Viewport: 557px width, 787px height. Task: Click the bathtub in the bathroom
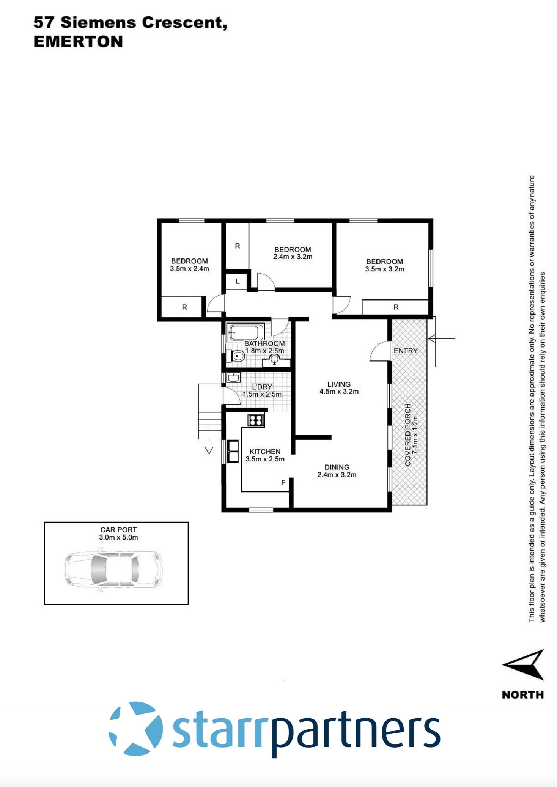click(245, 333)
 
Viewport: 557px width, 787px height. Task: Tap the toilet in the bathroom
click(237, 356)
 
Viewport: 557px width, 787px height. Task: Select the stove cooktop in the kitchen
click(256, 420)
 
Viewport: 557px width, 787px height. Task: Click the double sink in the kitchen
click(233, 452)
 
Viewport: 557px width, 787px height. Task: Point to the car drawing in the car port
click(113, 569)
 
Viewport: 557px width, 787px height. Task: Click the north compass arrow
click(525, 664)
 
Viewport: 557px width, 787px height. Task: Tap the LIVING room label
click(339, 384)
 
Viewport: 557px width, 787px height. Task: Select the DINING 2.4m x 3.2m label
click(337, 471)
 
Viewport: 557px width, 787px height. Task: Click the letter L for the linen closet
click(238, 282)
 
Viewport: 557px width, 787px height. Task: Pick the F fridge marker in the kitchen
click(283, 483)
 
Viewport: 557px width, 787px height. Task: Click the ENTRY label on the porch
click(405, 351)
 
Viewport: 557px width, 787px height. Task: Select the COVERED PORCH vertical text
click(411, 434)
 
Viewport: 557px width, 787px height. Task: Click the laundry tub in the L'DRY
click(233, 378)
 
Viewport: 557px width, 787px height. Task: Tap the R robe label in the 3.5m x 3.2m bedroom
click(396, 307)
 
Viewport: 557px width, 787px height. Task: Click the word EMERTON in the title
click(78, 41)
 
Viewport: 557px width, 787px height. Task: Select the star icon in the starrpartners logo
click(136, 728)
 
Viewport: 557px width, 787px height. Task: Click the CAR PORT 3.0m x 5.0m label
click(118, 533)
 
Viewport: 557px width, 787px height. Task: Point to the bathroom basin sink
click(274, 359)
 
